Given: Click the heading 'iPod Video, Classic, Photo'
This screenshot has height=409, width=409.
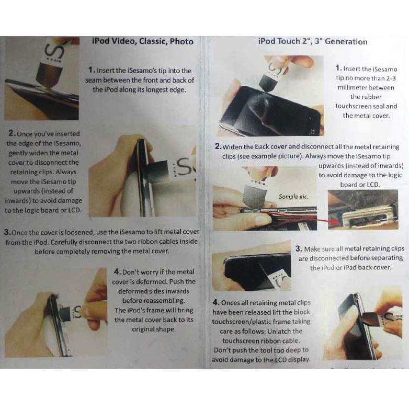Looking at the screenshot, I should pos(142,41).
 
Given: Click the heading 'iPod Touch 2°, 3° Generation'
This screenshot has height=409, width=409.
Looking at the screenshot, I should pos(312,41).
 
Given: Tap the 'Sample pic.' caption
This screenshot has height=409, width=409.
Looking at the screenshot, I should pos(293,196).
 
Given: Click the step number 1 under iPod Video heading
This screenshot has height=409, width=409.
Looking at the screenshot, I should pos(91,71).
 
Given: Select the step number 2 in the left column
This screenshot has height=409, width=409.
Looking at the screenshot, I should pos(12,134).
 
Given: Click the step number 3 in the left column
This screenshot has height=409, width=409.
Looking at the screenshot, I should pos(7,232).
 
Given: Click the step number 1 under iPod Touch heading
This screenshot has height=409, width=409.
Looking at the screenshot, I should pos(338,69).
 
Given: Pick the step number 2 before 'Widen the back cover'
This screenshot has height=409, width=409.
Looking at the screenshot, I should pos(218,147).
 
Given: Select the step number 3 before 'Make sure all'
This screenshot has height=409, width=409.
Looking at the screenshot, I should pos(299,249).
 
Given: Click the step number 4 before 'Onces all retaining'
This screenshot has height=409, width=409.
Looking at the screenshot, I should pos(216,303).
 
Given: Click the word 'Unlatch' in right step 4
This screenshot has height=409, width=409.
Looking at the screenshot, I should pos(290,331).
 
